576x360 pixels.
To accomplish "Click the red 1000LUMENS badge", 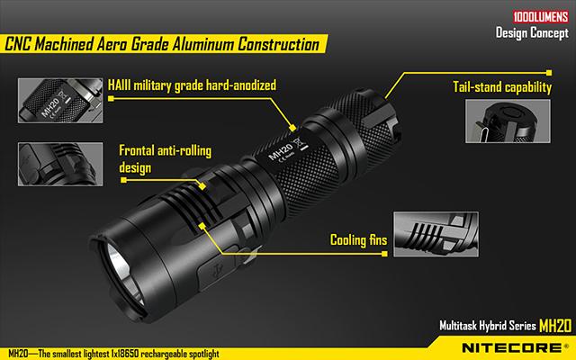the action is click(x=541, y=17).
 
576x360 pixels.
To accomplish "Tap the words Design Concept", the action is click(x=532, y=32).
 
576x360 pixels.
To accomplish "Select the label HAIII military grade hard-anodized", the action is click(x=192, y=85).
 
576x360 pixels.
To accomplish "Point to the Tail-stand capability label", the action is click(x=502, y=87).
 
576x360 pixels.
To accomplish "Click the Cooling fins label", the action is click(x=358, y=240).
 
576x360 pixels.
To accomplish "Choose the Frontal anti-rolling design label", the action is click(x=165, y=159).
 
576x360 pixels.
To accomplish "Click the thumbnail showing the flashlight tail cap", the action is click(x=508, y=121).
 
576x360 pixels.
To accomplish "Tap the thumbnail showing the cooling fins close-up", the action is click(x=436, y=234).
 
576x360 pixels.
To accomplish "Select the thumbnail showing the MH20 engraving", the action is click(x=60, y=100).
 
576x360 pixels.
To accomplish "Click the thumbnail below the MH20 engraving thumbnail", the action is click(x=60, y=164).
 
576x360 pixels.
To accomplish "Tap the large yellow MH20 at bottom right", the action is click(x=555, y=326).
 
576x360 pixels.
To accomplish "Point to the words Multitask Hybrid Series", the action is click(x=488, y=326).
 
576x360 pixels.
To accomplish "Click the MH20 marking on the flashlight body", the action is click(x=281, y=151).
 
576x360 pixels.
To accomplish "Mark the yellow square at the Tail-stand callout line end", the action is click(x=549, y=73).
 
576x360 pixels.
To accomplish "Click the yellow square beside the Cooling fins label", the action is click(x=384, y=254).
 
